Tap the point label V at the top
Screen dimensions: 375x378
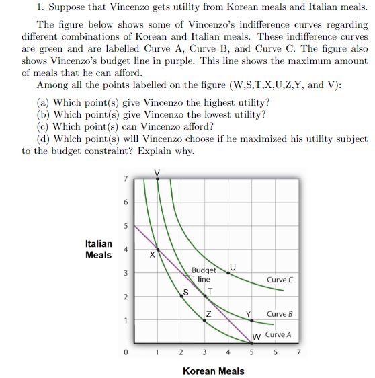pyautogui.click(x=157, y=172)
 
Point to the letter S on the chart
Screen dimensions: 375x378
pyautogui.click(x=187, y=291)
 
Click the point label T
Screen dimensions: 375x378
pyautogui.click(x=211, y=291)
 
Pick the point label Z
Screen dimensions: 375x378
pyautogui.click(x=210, y=315)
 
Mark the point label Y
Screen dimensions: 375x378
pyautogui.click(x=249, y=315)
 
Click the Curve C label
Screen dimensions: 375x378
pyautogui.click(x=280, y=280)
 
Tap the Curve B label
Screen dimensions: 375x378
pyautogui.click(x=280, y=314)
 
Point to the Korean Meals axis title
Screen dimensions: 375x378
pyautogui.click(x=213, y=371)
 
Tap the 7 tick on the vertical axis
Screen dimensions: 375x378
pyautogui.click(x=124, y=178)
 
